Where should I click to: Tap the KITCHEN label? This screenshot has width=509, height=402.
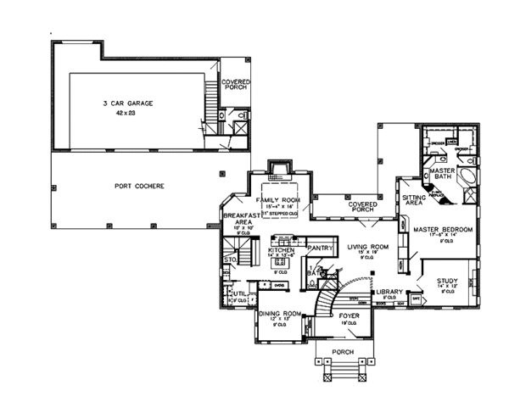click(x=280, y=252)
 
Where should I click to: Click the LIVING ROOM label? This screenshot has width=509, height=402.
click(x=367, y=247)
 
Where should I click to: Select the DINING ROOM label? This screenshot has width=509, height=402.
click(x=279, y=312)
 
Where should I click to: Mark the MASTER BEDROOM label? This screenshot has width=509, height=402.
click(x=441, y=230)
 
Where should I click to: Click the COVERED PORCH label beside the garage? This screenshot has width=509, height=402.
click(x=235, y=86)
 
